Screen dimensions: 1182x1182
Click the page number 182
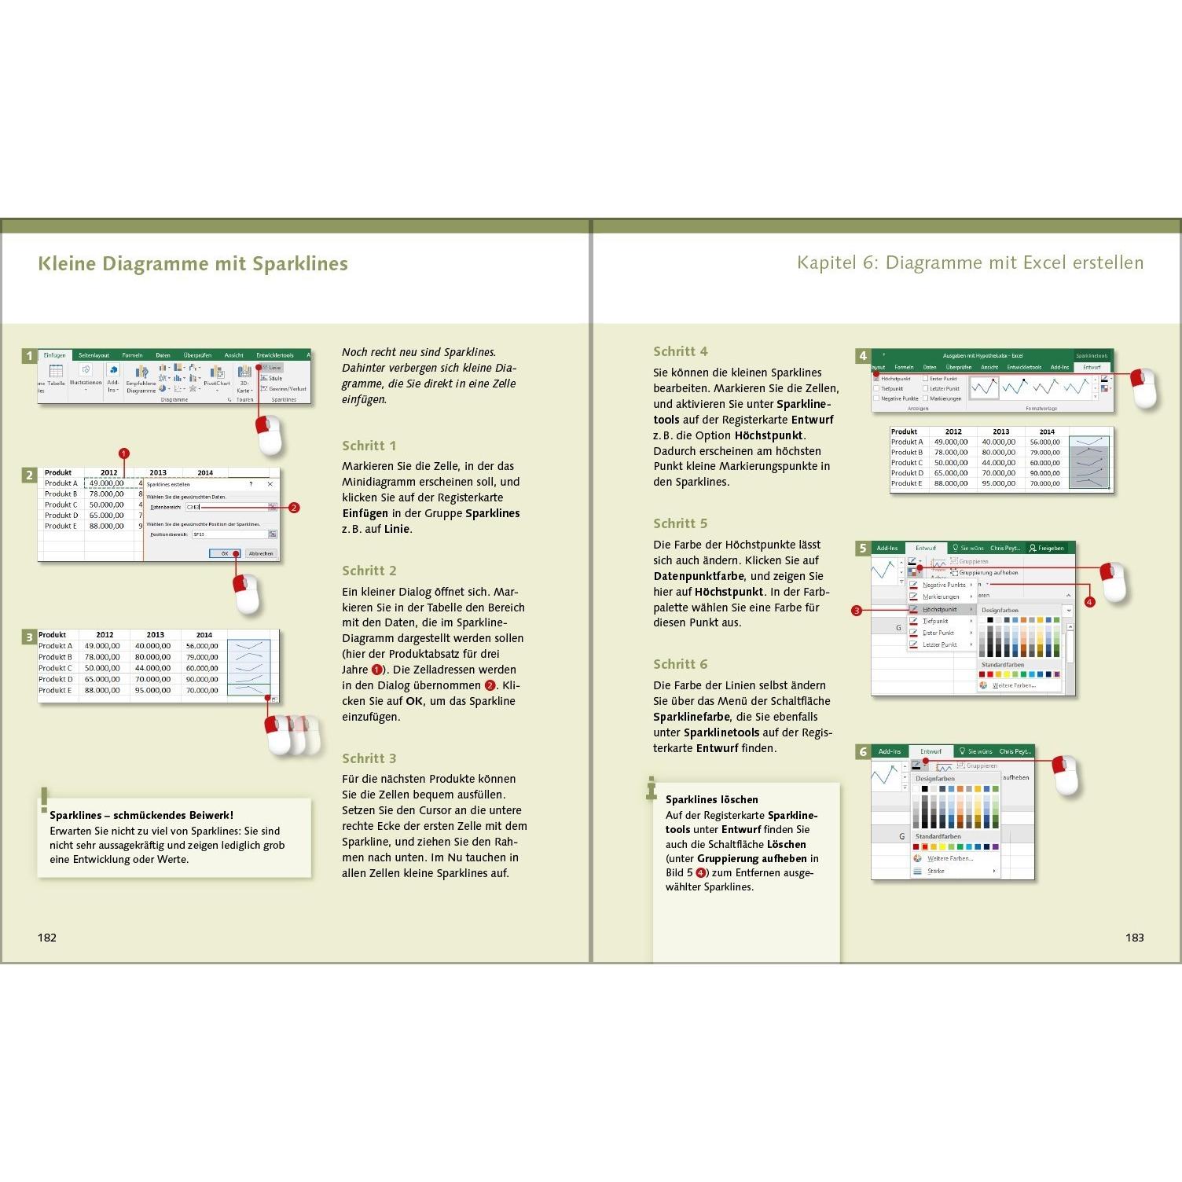click(47, 938)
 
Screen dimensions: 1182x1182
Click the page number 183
click(1134, 938)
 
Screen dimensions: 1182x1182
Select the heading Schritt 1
click(369, 446)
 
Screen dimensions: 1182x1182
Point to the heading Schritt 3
click(369, 758)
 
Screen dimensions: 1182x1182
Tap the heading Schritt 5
click(681, 523)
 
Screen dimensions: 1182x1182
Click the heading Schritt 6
click(681, 664)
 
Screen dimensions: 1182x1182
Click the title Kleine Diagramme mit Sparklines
click(193, 264)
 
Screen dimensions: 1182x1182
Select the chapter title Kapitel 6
click(970, 262)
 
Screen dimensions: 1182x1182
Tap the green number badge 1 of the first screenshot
click(30, 356)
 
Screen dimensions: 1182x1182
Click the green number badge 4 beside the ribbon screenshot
click(863, 356)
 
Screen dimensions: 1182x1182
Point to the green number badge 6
click(863, 752)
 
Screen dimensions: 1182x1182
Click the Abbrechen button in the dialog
click(261, 553)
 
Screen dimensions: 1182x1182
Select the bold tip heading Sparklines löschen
click(711, 799)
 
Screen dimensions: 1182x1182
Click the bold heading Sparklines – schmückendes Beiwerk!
click(141, 815)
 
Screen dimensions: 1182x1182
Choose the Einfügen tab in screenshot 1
click(55, 355)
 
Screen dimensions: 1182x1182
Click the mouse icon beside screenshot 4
click(1143, 387)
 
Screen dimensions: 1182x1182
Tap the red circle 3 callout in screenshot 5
click(857, 611)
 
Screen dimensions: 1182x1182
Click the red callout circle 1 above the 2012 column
click(123, 453)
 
